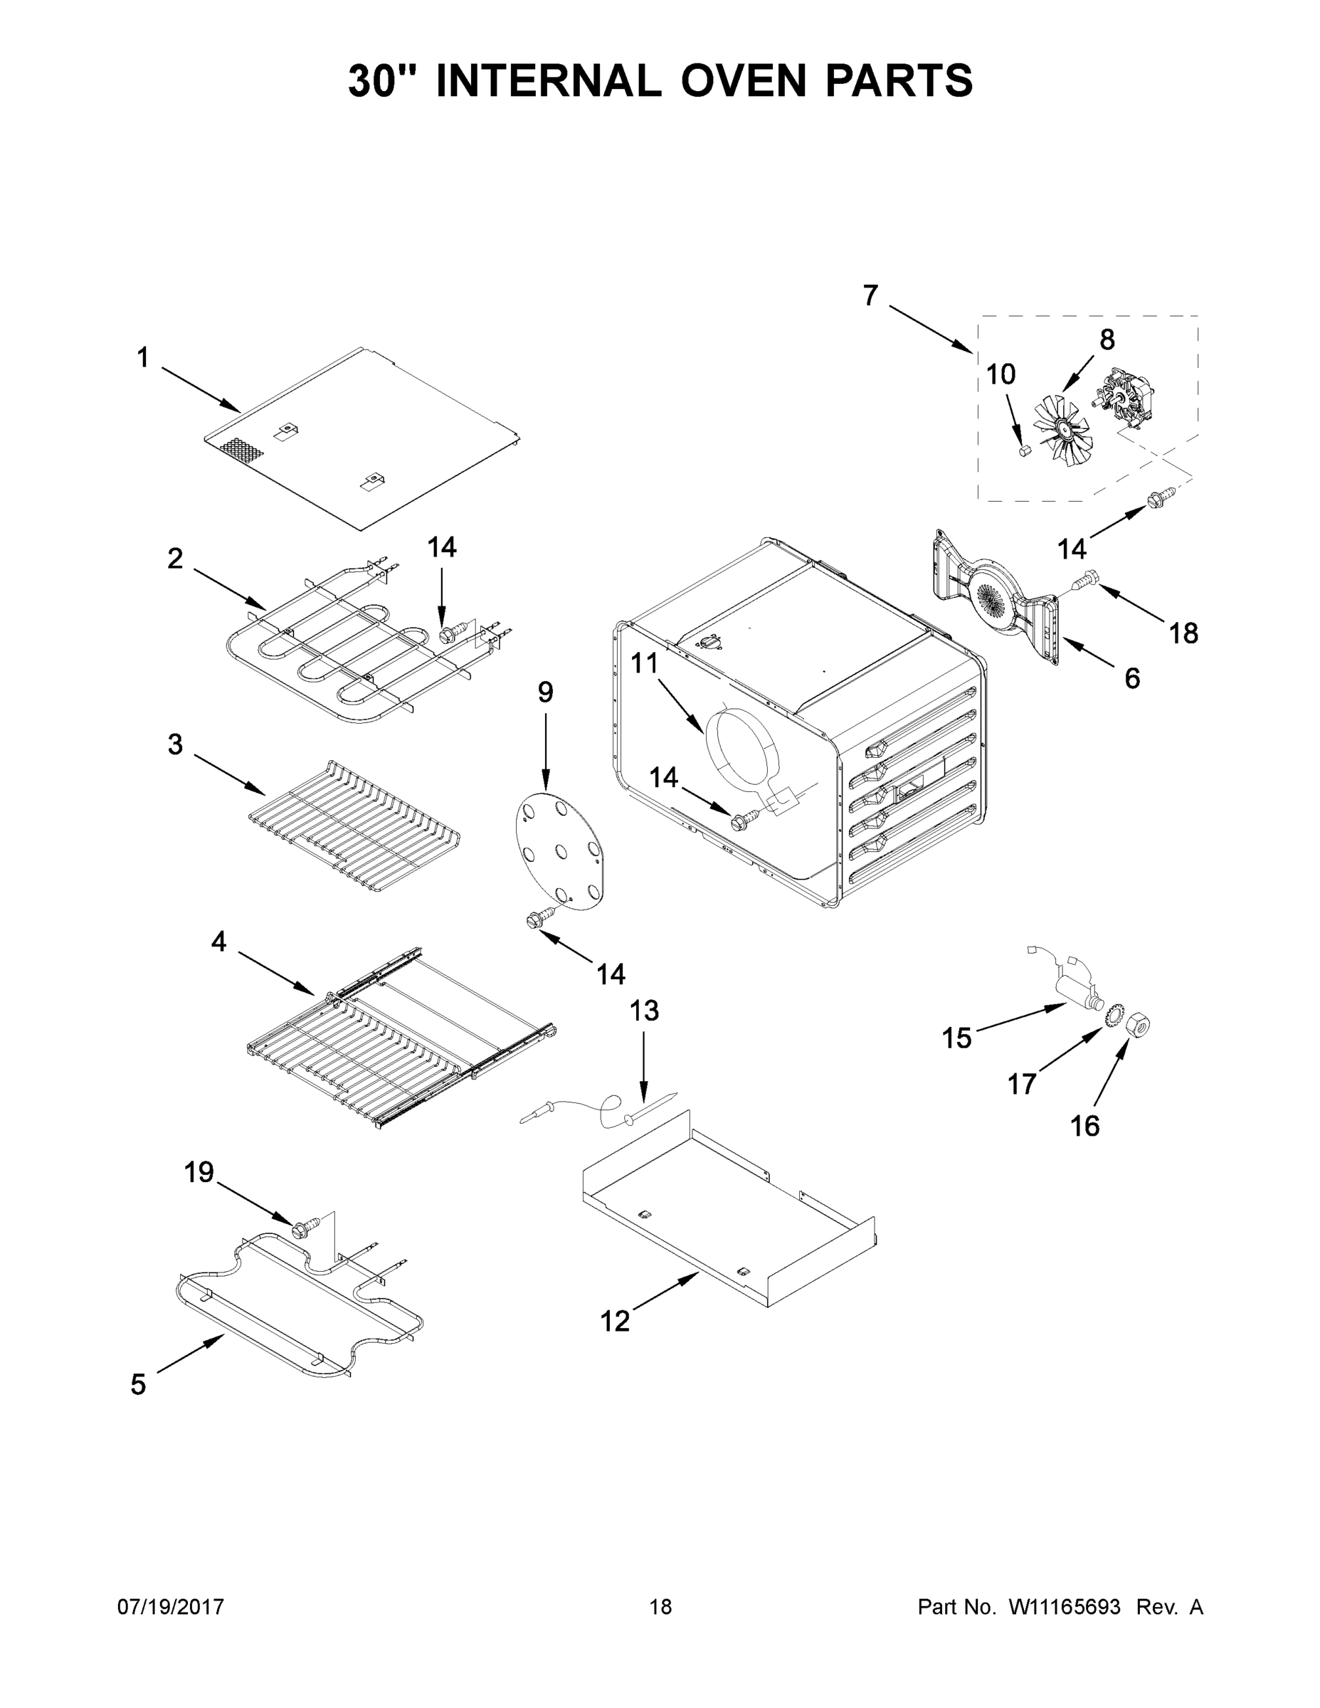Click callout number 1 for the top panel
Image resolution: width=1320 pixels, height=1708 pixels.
coord(142,358)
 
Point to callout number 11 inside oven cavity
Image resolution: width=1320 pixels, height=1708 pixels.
coord(645,664)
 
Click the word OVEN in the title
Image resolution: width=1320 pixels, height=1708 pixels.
coord(742,80)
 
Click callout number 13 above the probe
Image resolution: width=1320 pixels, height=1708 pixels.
coord(645,1011)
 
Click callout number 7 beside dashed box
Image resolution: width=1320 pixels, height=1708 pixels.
coord(870,295)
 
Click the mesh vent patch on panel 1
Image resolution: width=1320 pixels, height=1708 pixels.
coord(242,448)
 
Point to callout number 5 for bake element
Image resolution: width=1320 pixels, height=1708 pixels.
coord(139,1385)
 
